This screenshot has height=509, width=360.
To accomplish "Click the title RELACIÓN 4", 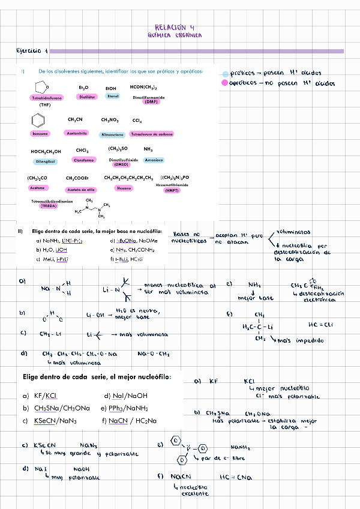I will click(175, 27).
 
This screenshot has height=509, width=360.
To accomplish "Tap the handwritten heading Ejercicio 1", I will click(32, 52).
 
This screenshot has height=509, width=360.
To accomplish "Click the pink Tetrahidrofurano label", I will click(47, 98).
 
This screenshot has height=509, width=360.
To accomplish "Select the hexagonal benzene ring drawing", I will click(40, 121).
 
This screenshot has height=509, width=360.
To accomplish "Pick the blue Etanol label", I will click(113, 96).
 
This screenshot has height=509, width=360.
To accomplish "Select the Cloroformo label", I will click(83, 160).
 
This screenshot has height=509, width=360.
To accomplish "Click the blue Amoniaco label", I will click(154, 160).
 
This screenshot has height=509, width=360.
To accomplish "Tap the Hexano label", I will click(124, 188).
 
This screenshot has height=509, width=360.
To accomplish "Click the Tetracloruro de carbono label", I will click(152, 134).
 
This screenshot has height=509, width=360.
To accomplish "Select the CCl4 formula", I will click(137, 121).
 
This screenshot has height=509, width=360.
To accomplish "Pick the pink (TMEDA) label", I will click(49, 206).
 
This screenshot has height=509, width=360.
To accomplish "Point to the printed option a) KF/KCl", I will click(40, 396).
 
